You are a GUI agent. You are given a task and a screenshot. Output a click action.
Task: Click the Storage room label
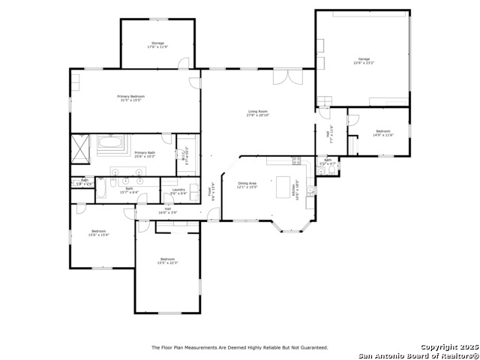(x=157, y=45)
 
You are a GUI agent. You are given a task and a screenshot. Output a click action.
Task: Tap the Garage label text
(x=364, y=60)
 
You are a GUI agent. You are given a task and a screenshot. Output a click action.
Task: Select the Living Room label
(x=258, y=113)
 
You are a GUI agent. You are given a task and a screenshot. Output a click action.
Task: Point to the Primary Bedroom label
(x=130, y=97)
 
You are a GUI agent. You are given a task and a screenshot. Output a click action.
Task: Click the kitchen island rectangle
(x=284, y=184)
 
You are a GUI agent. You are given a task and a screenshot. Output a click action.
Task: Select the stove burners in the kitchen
(x=296, y=160)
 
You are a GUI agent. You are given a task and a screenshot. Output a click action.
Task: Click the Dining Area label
(x=247, y=184)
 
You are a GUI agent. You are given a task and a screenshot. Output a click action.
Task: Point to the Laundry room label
(x=178, y=191)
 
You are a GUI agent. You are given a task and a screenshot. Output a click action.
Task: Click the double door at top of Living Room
(x=280, y=76)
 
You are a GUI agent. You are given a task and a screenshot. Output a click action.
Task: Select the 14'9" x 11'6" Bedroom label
(x=382, y=133)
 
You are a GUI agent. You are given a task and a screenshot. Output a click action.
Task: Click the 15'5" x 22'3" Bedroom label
(x=167, y=260)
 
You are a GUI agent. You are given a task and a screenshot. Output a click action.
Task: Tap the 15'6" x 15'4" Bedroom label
(x=99, y=232)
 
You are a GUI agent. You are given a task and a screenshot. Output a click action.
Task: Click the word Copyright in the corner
(x=438, y=347)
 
